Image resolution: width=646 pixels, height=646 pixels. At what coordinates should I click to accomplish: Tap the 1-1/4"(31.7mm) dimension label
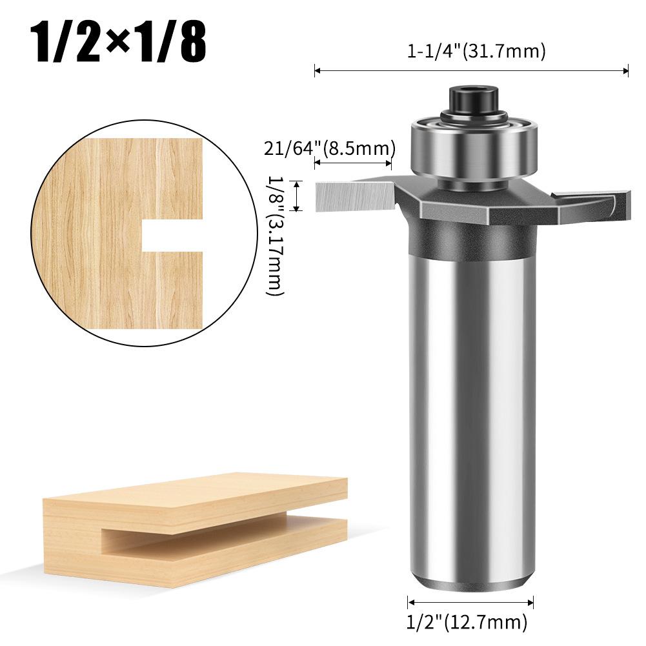pos(476,52)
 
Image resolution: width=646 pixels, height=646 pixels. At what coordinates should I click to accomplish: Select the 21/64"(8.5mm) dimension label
pos(329,148)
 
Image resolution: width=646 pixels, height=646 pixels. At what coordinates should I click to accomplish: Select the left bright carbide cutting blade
pos(352,196)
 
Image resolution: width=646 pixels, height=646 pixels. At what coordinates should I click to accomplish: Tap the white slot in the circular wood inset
pos(171,237)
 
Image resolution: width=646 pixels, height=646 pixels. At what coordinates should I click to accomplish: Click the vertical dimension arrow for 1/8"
pos(297,196)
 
